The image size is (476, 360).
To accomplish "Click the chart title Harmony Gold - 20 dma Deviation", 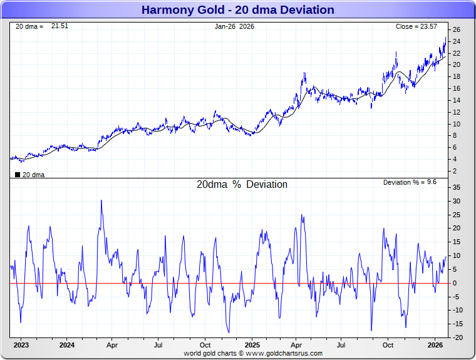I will pos(237,10).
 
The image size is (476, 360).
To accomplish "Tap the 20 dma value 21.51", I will pos(59,26).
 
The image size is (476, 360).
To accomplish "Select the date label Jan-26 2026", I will pos(235,26).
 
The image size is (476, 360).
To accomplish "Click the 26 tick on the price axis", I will pos(457,29).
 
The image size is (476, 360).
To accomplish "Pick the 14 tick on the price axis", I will pos(457,100).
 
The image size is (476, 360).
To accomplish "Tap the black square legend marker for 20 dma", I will pos(18,175).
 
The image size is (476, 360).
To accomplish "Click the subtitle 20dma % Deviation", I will pos(242,185).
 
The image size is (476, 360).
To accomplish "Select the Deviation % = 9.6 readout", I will pos(409,182).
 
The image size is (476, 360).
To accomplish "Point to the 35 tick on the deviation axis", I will pos(457,187).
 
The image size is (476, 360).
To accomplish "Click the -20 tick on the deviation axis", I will pos(457,337).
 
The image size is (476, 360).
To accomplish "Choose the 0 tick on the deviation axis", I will pos(457,283).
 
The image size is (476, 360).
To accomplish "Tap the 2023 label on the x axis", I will pos(21,345).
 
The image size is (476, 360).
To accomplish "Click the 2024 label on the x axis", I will pos(67,345).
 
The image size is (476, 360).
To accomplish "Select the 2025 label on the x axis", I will pos(252,345).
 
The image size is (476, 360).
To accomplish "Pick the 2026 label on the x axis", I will pos(436,345).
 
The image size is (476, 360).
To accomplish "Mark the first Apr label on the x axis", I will pos(113,345).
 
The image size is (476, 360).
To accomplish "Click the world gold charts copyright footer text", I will pos(253,353).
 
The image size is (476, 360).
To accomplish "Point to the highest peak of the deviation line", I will pos(101,200).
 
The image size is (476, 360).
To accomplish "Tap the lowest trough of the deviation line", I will pos(229,332).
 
